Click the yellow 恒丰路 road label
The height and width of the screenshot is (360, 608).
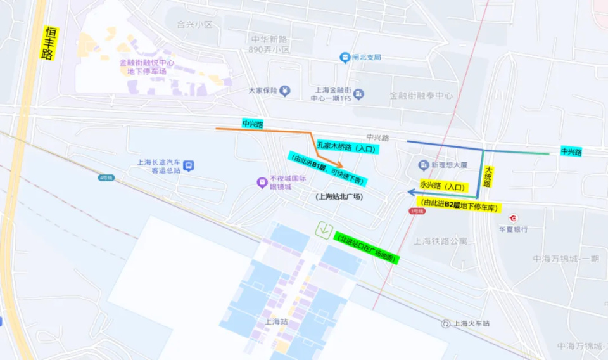[47, 43]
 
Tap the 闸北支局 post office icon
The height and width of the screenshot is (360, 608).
[345, 58]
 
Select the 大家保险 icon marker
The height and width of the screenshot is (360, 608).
[285, 91]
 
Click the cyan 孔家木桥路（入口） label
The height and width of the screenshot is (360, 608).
[347, 148]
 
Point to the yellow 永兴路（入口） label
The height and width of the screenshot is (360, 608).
[442, 187]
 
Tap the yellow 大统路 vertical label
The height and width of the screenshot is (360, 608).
[488, 176]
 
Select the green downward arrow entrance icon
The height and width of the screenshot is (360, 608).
[325, 229]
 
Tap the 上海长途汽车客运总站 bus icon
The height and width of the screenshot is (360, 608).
[189, 166]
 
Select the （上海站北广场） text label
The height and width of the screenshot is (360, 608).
[339, 196]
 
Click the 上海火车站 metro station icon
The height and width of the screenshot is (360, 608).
[446, 323]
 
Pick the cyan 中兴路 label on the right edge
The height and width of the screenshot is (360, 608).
[571, 151]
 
